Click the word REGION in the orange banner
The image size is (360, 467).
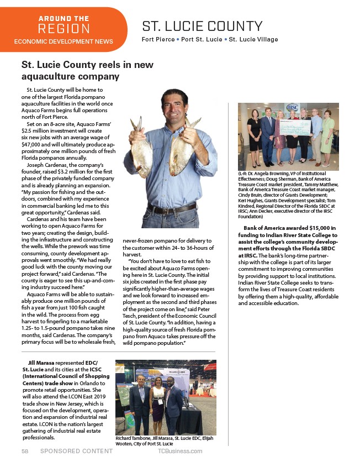point(63,29)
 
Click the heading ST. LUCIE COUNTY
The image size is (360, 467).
point(202,26)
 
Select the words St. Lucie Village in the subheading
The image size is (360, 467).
point(253,40)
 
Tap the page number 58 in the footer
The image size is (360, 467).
point(25,451)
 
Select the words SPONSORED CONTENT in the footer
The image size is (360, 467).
point(76,451)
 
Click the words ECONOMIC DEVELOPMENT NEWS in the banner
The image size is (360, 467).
point(63,41)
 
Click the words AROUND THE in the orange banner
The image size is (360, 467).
point(63,19)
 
